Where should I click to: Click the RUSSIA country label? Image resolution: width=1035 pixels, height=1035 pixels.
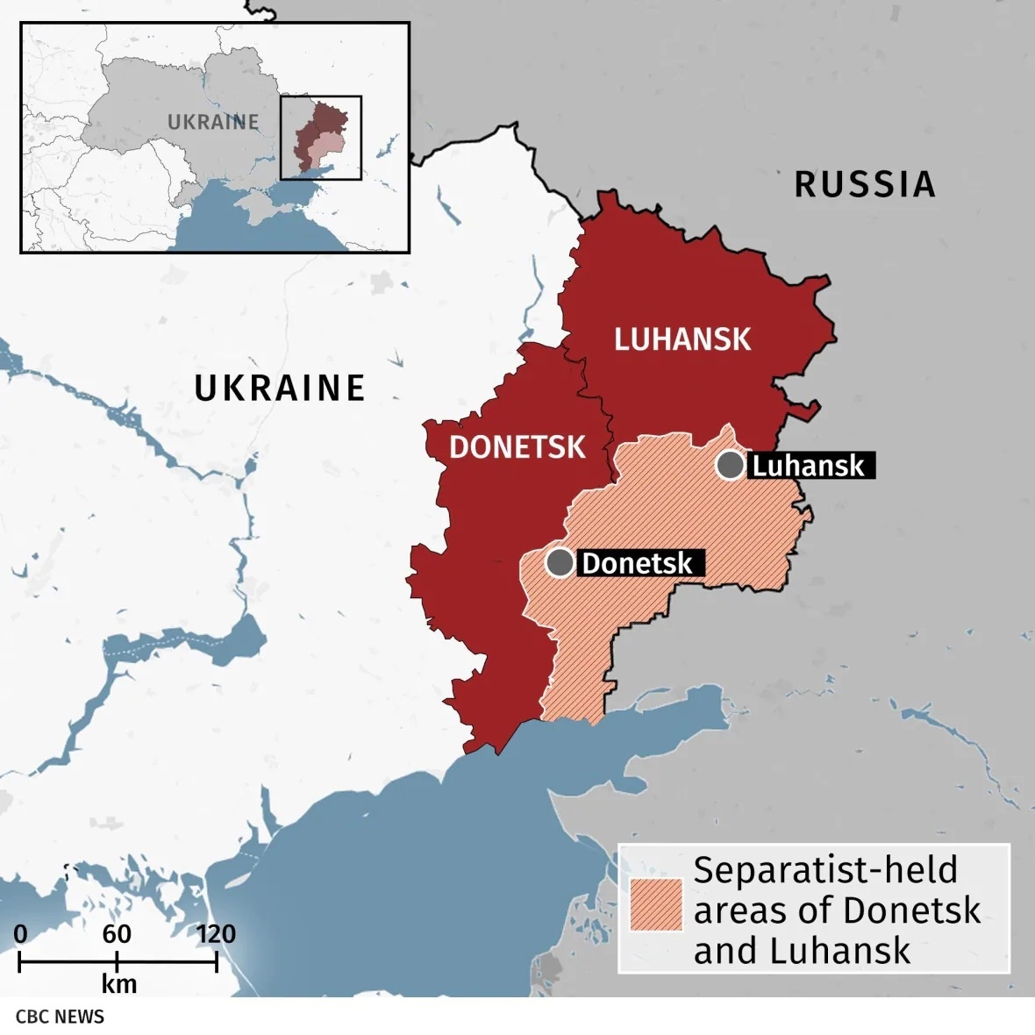pyautogui.click(x=864, y=184)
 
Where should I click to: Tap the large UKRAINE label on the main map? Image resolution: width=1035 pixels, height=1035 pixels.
pyautogui.click(x=279, y=388)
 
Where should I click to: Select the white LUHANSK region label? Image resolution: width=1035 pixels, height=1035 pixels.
pyautogui.click(x=682, y=339)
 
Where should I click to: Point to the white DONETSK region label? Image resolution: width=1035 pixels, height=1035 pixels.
pyautogui.click(x=517, y=447)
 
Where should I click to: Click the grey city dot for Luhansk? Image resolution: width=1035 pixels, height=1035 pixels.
pyautogui.click(x=730, y=465)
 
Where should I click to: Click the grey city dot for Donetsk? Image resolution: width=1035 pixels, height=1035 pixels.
pyautogui.click(x=560, y=562)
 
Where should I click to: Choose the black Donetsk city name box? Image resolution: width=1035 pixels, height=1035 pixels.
pyautogui.click(x=638, y=563)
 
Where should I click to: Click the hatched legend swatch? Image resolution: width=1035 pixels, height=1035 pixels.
pyautogui.click(x=655, y=904)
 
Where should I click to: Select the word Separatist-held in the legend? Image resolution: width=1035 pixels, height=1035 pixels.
pyautogui.click(x=824, y=870)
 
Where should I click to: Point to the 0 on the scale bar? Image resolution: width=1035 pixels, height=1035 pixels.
pyautogui.click(x=20, y=933)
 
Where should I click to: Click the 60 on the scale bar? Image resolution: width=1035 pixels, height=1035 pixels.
pyautogui.click(x=117, y=933)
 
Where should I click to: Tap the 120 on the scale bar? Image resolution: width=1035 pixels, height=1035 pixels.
pyautogui.click(x=215, y=933)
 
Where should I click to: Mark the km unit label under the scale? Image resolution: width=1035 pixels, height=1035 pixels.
pyautogui.click(x=118, y=984)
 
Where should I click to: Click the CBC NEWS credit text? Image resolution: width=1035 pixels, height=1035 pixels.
pyautogui.click(x=60, y=1017)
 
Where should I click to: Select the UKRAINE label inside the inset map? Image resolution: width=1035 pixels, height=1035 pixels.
pyautogui.click(x=213, y=122)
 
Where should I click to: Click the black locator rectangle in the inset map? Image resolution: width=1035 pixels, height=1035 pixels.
pyautogui.click(x=321, y=138)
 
